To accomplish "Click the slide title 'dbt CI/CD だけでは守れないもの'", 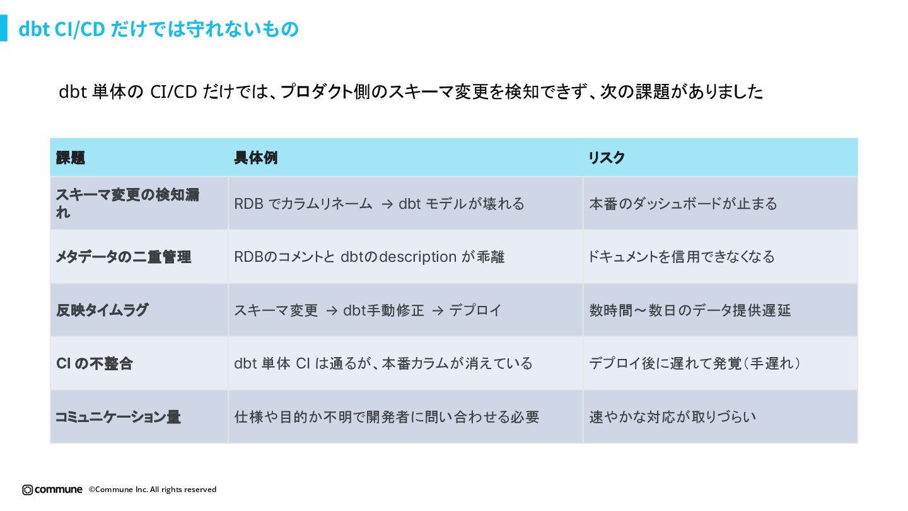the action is click(x=158, y=29).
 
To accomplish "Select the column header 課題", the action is click(x=71, y=158).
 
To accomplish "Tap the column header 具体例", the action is click(x=255, y=158).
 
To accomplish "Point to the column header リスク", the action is click(x=607, y=158).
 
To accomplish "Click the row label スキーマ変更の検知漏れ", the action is click(x=127, y=203).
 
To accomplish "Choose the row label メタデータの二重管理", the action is click(x=124, y=257).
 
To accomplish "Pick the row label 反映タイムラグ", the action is click(x=102, y=310).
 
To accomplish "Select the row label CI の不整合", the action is click(x=95, y=364).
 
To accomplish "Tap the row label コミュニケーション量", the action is click(x=118, y=417).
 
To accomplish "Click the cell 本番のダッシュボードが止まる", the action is click(x=683, y=204).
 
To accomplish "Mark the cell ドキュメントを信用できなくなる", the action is click(x=681, y=257).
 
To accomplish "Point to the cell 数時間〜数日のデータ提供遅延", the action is click(x=690, y=310).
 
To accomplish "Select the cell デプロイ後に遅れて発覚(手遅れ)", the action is click(x=695, y=364).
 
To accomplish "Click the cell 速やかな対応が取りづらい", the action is click(x=672, y=417).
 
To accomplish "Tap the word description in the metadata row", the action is click(x=417, y=257).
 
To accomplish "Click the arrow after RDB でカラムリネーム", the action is click(x=388, y=204).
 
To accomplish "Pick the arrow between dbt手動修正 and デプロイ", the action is click(x=437, y=310).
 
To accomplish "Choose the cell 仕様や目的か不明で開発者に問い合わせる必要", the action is click(x=387, y=417).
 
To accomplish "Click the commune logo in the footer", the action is click(x=52, y=490).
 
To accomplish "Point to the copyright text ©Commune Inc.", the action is click(x=153, y=490).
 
